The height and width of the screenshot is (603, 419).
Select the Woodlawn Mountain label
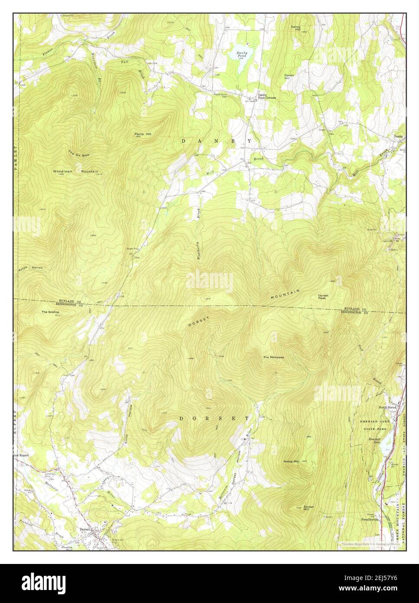pos(76,171)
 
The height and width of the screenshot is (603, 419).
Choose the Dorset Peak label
pos(323,297)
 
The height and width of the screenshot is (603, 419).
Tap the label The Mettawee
pos(274,357)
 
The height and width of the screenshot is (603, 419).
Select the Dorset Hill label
pos(308,508)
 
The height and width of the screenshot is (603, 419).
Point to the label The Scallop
pos(50,312)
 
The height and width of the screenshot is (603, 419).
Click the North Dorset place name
pos(388,407)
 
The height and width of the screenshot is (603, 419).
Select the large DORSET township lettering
pos(214,419)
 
